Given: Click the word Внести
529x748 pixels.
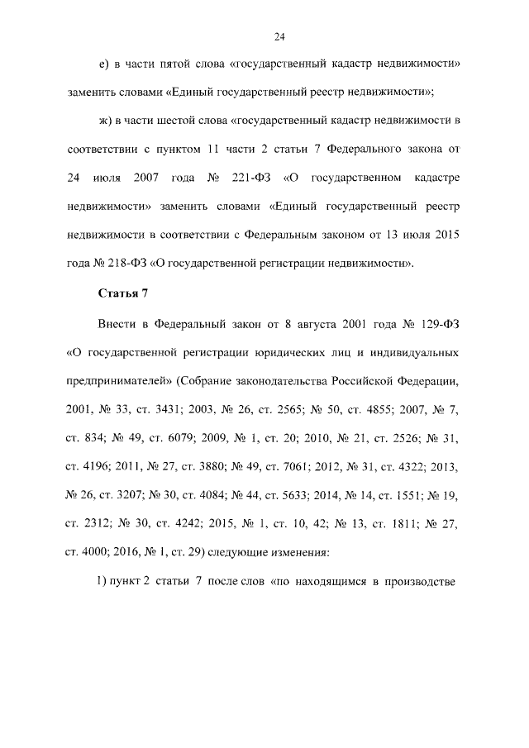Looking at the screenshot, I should (118, 325).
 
